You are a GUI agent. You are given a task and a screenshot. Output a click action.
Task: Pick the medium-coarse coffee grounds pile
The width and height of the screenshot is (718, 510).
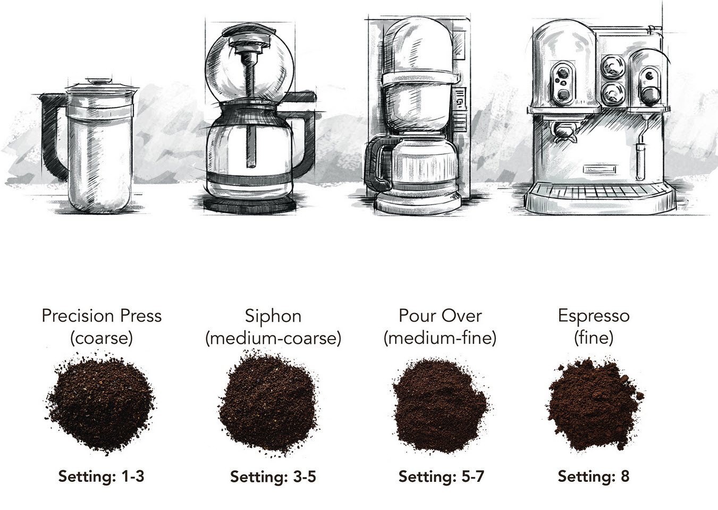[272, 403]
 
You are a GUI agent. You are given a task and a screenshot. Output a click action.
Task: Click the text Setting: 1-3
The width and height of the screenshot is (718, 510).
[101, 476]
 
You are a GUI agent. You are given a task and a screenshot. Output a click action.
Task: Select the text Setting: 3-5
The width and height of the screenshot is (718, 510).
[273, 477]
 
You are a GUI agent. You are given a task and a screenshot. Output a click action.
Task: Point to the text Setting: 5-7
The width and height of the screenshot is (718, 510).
[441, 476]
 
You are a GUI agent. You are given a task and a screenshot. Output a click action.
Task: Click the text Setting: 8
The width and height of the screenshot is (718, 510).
[593, 476]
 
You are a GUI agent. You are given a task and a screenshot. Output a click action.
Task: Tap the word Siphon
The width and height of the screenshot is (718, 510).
[273, 316]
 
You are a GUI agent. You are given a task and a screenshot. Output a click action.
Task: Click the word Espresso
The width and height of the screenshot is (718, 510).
[594, 316]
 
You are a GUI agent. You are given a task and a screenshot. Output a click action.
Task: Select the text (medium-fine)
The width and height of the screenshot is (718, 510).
[440, 338]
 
